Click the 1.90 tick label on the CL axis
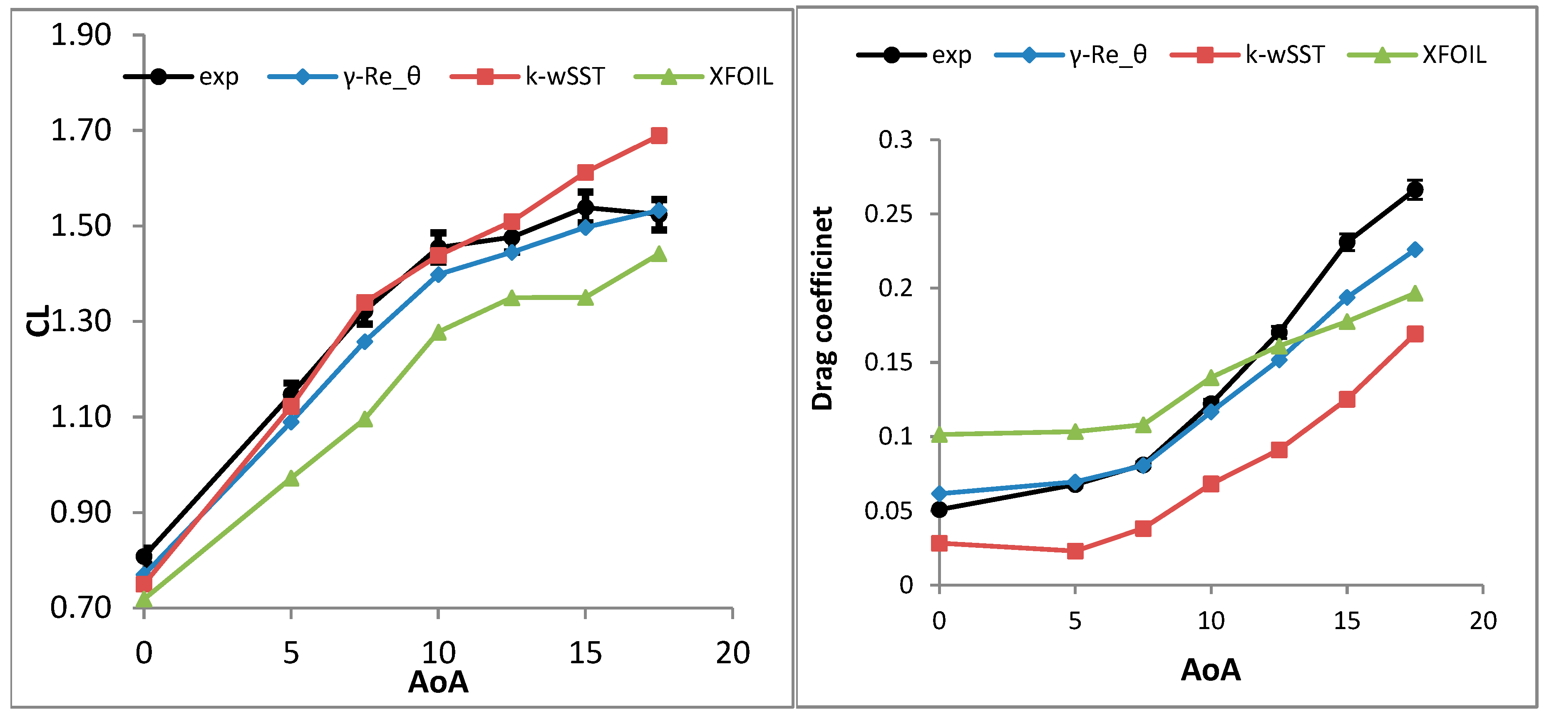point(81,35)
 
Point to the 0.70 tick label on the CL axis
point(81,607)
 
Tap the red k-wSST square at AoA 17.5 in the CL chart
point(659,135)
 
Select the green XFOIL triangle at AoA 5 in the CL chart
point(291,478)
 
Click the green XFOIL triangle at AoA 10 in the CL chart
point(438,332)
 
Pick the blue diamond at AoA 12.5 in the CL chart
point(512,252)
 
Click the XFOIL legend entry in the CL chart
point(703,77)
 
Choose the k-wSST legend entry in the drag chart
point(1247,55)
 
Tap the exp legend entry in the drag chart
point(913,55)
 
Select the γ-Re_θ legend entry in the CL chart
point(344,77)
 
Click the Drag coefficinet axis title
point(822,308)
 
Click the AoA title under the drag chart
point(1210,670)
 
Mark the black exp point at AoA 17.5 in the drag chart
point(1415,190)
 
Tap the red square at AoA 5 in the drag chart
point(1075,551)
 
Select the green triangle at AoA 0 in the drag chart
point(939,434)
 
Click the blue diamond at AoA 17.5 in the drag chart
point(1415,250)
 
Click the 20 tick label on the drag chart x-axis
point(1483,621)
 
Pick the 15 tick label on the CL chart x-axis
point(585,652)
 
